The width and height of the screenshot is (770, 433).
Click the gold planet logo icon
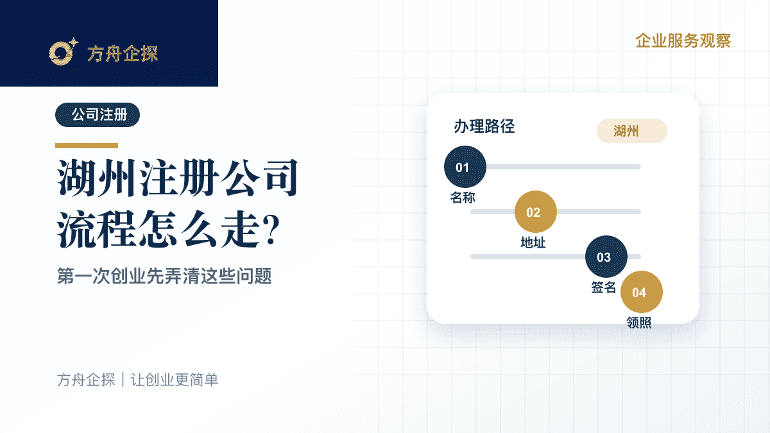tap(64, 51)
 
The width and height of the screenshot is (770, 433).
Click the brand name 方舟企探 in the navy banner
tap(123, 54)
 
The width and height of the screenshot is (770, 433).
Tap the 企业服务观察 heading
tap(683, 41)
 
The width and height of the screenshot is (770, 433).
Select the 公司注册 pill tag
tap(98, 115)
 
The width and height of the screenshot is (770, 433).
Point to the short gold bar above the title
tap(87, 146)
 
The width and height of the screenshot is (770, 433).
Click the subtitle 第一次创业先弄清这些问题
tap(164, 276)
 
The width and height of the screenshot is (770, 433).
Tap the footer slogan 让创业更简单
tap(175, 380)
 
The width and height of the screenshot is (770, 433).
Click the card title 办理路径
tap(484, 126)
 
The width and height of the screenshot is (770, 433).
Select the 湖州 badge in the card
tap(632, 131)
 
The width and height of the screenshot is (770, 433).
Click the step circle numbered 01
tap(465, 167)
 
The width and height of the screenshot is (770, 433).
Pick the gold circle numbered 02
tap(536, 212)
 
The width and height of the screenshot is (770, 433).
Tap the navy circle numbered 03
tap(606, 257)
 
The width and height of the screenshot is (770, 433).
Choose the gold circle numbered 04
tap(642, 292)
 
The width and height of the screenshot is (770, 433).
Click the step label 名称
tap(463, 198)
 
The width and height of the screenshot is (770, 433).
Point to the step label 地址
tap(533, 242)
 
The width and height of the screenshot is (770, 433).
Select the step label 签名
tap(604, 287)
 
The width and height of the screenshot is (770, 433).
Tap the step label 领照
tap(639, 323)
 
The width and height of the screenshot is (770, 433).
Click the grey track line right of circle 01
tap(564, 167)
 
